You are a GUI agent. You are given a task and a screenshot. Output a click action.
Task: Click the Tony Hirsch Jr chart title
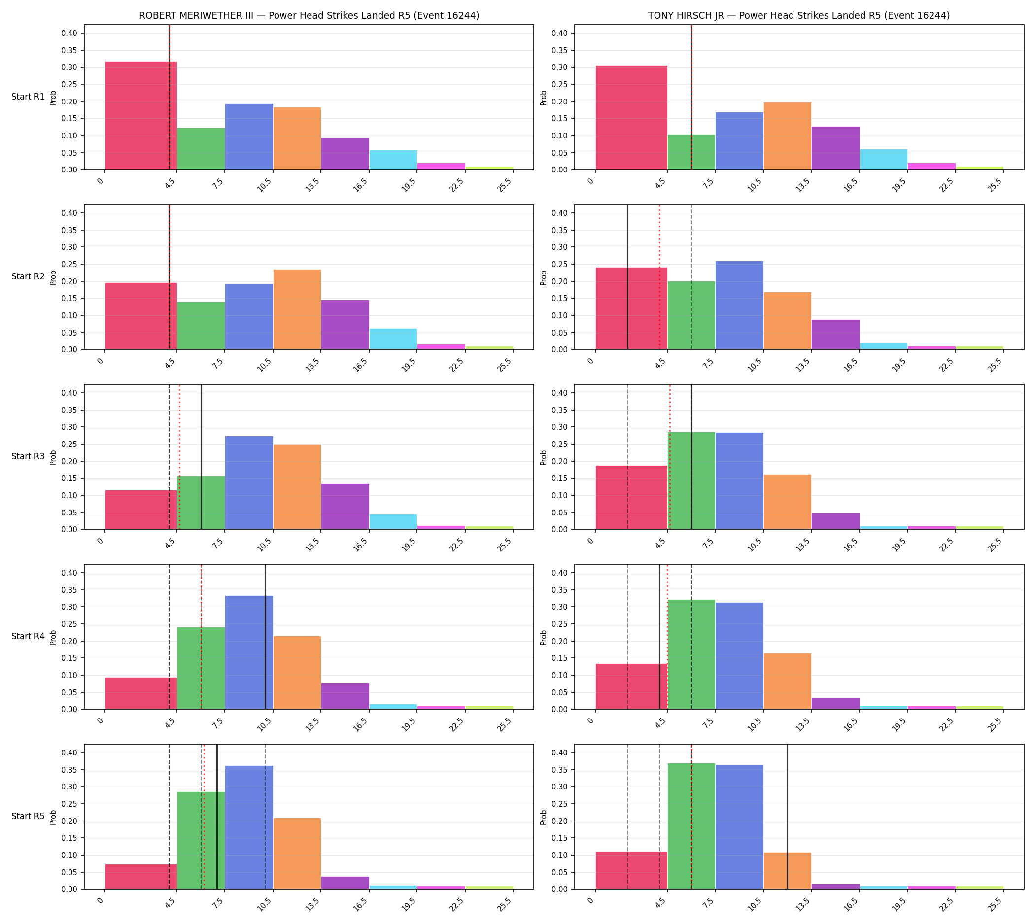point(799,16)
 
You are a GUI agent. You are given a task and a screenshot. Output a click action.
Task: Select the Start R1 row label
point(28,97)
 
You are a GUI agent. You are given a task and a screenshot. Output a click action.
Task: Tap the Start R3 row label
point(28,456)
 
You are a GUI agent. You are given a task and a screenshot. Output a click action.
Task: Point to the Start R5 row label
point(28,817)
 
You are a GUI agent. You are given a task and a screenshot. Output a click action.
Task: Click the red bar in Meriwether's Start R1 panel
point(141,116)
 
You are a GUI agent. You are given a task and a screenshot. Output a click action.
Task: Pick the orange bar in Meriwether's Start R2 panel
point(297,309)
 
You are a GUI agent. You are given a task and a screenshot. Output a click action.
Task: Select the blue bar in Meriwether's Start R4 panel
point(249,652)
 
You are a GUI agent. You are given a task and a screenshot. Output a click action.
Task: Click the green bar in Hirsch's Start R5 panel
point(691,826)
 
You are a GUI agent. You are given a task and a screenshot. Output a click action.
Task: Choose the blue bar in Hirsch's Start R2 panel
point(739,306)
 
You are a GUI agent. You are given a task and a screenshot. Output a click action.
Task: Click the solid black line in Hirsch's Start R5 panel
point(787,817)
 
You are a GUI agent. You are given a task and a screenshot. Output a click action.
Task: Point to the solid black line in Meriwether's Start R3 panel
point(201,457)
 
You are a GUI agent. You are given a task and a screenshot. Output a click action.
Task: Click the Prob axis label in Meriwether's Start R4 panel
point(53,637)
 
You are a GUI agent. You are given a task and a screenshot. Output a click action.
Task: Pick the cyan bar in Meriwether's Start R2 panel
point(393,339)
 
